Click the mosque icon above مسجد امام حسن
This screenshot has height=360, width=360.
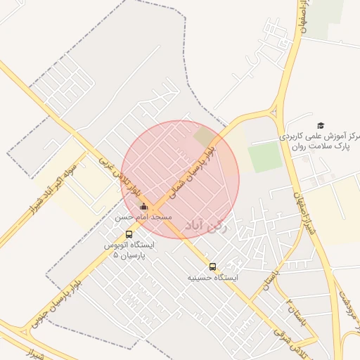click(x=144, y=207)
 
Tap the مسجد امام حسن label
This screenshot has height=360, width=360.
click(x=143, y=219)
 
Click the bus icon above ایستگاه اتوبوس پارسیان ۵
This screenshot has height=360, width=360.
click(x=129, y=235)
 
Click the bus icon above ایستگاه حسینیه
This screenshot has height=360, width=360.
click(x=212, y=266)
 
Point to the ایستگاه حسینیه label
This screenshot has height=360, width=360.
click(x=212, y=278)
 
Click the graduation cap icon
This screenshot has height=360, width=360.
click(x=321, y=125)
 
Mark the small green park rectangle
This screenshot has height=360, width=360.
click(x=265, y=156)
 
